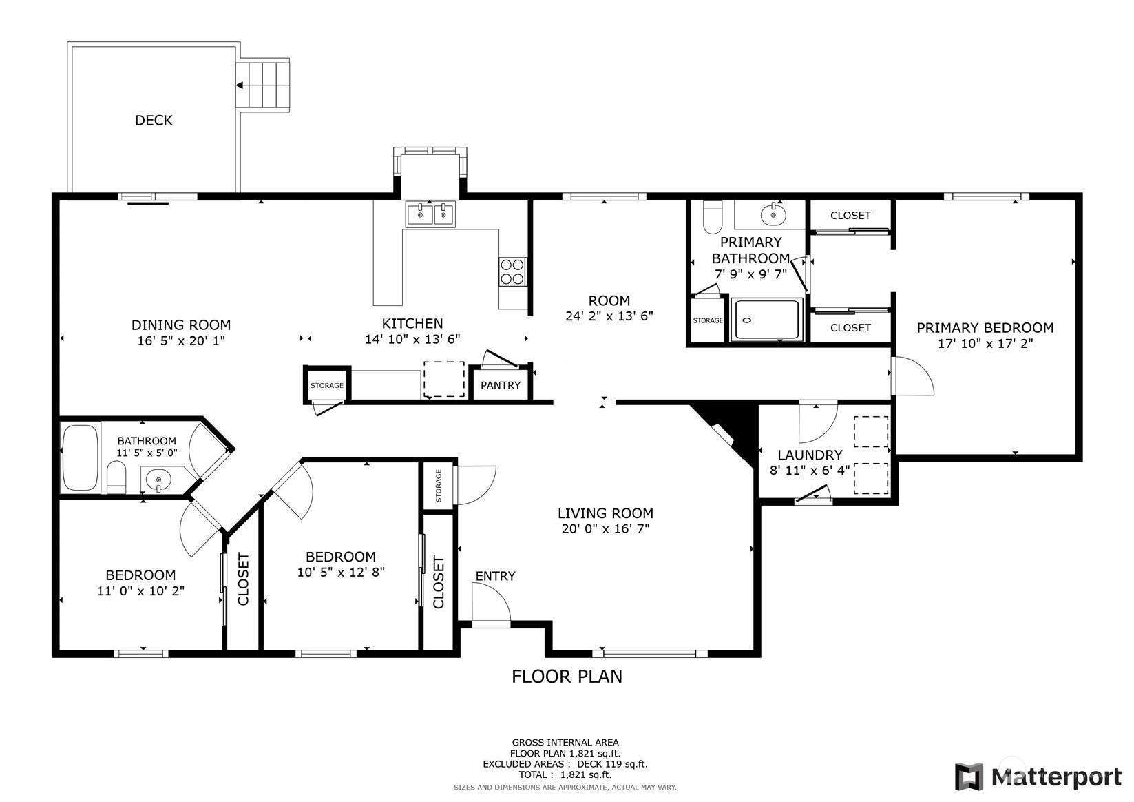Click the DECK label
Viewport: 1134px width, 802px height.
pos(154,120)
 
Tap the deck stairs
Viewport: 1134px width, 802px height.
pos(263,85)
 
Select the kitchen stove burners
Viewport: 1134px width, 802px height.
pos(512,271)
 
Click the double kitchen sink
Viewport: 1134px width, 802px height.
pos(430,214)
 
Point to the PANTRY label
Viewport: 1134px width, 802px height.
pos(500,386)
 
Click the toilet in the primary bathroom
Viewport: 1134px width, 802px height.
pos(713,217)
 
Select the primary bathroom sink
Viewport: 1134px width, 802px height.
pos(773,214)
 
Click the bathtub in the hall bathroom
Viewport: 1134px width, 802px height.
pos(81,457)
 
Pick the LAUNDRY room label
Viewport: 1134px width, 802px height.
pos(810,455)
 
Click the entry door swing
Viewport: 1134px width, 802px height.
pos(491,602)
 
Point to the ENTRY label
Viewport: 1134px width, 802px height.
pos(495,576)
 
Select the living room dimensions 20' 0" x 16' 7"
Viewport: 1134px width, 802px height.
pos(605,529)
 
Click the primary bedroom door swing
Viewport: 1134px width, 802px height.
pos(913,376)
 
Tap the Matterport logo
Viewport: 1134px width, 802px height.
pos(1038,777)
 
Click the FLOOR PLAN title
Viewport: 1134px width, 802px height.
pos(567,677)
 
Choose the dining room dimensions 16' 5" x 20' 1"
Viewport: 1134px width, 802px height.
pos(181,340)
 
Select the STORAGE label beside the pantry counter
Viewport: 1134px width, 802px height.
pos(327,386)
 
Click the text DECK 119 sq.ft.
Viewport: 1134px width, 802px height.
pos(613,764)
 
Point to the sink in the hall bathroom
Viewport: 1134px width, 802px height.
pos(159,478)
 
